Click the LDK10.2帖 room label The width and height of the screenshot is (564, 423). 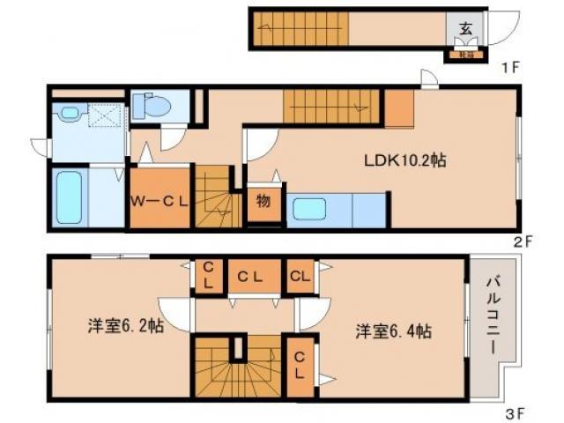coord(404,160)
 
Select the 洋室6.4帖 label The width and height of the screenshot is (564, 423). coord(393,331)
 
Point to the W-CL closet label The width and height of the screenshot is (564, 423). coord(160,201)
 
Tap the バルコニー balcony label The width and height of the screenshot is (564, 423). coord(490,315)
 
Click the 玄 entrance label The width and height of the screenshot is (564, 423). coord(465,26)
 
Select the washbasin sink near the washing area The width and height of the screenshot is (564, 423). coord(67,114)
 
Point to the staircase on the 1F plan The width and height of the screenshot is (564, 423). coord(300,29)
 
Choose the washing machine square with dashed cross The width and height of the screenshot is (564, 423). coord(105,115)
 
